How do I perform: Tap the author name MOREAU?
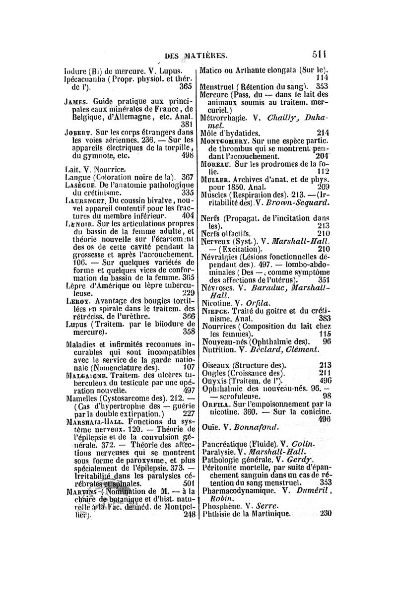click(216, 164)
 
